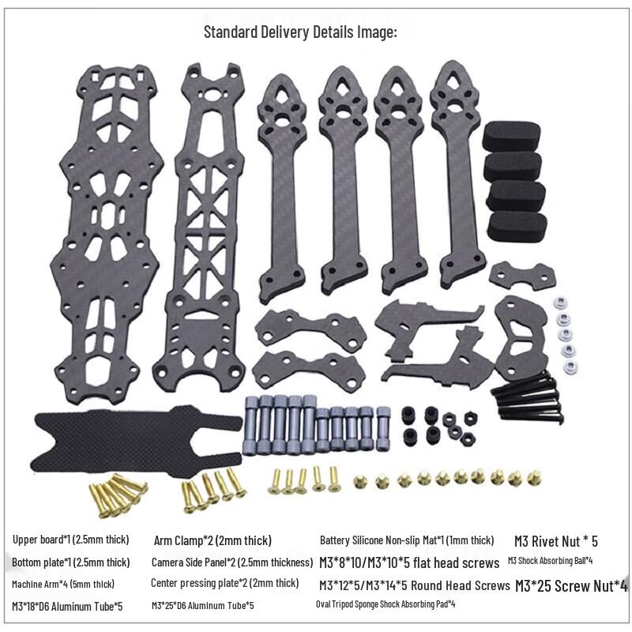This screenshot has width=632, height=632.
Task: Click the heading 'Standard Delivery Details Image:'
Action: pos(300,32)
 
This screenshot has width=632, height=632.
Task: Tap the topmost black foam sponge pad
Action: pos(511,136)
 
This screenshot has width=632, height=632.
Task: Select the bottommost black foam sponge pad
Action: pos(517,226)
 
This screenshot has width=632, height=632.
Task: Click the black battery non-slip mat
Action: pos(137,441)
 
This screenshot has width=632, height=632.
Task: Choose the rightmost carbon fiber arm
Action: pos(457,173)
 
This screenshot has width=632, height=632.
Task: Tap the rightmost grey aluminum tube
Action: pos(382,428)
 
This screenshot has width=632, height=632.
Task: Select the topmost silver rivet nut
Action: pos(559,303)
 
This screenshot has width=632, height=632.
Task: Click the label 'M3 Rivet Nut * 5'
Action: pos(556,541)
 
